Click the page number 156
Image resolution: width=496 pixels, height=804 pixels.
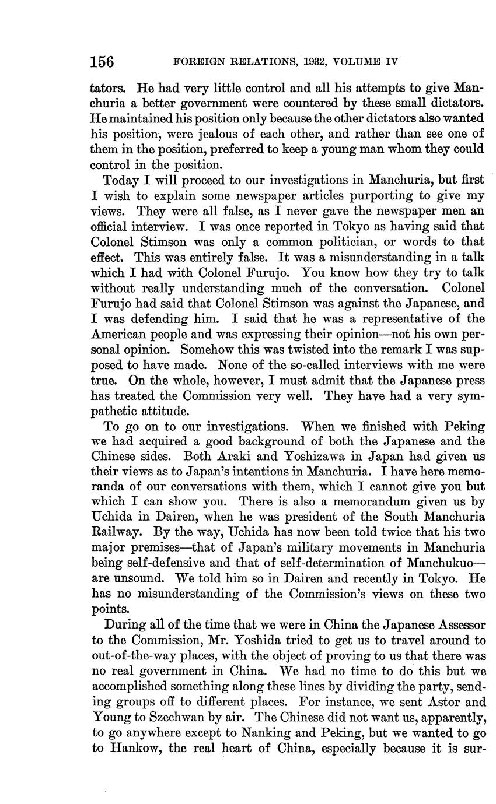102,62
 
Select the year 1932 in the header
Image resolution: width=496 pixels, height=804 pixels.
300,62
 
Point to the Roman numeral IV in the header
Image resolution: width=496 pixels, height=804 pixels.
390,62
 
